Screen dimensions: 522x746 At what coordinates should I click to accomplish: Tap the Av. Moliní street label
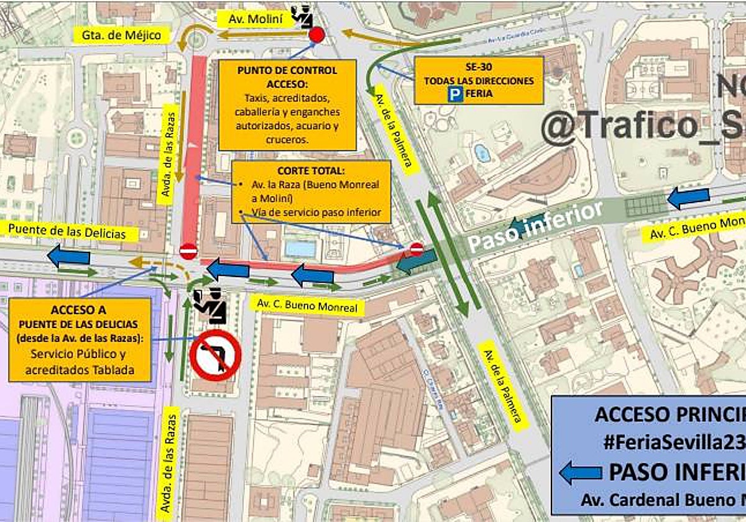tap(256, 19)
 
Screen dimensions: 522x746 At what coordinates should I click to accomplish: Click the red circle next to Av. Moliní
tap(316, 35)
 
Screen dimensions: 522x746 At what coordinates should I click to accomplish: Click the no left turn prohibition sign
tap(215, 355)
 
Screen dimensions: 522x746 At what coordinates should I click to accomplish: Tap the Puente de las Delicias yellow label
tap(71, 233)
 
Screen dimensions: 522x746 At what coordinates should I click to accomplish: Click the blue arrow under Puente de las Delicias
tap(68, 255)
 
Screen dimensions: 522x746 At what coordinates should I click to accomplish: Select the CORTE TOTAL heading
tap(311, 171)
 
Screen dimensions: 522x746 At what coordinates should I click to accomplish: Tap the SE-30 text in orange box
tap(479, 68)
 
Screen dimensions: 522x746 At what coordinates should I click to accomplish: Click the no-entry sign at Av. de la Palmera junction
tap(417, 249)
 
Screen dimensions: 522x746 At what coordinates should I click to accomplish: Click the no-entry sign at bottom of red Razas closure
tap(188, 251)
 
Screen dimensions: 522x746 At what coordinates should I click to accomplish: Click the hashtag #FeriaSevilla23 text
tap(675, 443)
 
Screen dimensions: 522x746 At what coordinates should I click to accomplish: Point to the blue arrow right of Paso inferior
tap(688, 198)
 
